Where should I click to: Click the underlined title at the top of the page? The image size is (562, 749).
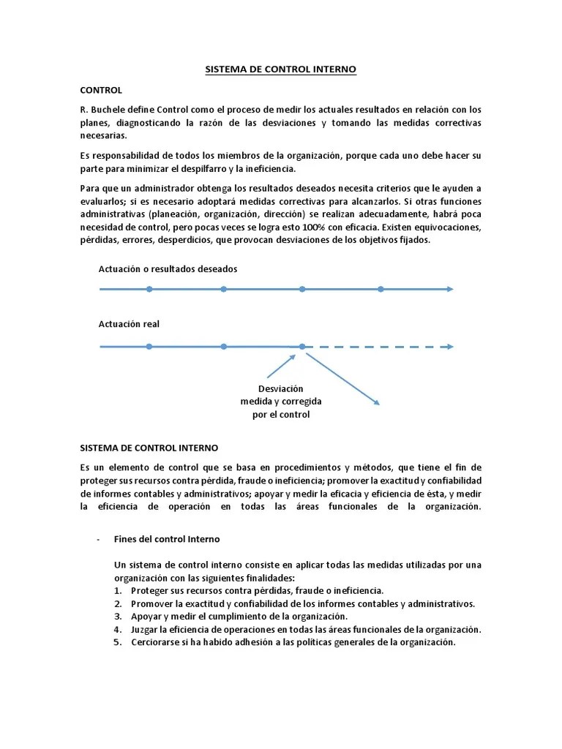[x=280, y=70]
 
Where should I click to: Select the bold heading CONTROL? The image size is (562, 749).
[x=101, y=90]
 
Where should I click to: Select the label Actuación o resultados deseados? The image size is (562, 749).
[x=168, y=269]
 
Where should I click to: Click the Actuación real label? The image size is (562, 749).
[x=129, y=324]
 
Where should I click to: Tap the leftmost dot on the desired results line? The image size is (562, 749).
[x=149, y=290]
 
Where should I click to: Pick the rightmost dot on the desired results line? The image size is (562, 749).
[x=381, y=290]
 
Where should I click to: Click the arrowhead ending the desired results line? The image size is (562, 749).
[x=449, y=290]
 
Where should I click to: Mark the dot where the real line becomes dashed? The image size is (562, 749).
[x=301, y=347]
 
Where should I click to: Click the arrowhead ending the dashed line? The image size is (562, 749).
[x=449, y=347]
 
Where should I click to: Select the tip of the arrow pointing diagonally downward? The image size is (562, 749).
[x=377, y=402]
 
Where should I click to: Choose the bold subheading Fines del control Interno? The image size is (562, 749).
[x=167, y=539]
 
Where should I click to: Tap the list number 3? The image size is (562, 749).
[x=119, y=617]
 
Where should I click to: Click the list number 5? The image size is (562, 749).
[x=119, y=642]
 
